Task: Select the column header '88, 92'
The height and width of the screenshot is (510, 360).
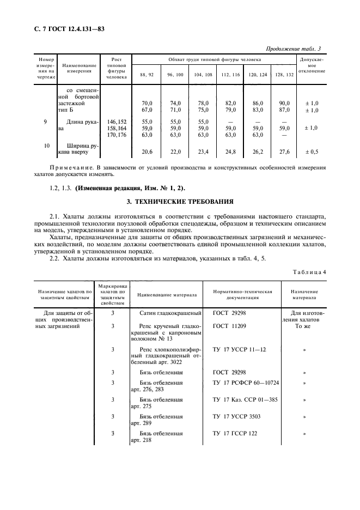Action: (x=147, y=74)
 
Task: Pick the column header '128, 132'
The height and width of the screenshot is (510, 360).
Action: (x=283, y=74)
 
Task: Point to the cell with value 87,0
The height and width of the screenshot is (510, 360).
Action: (x=283, y=110)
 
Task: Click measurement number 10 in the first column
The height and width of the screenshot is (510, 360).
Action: (x=46, y=146)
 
